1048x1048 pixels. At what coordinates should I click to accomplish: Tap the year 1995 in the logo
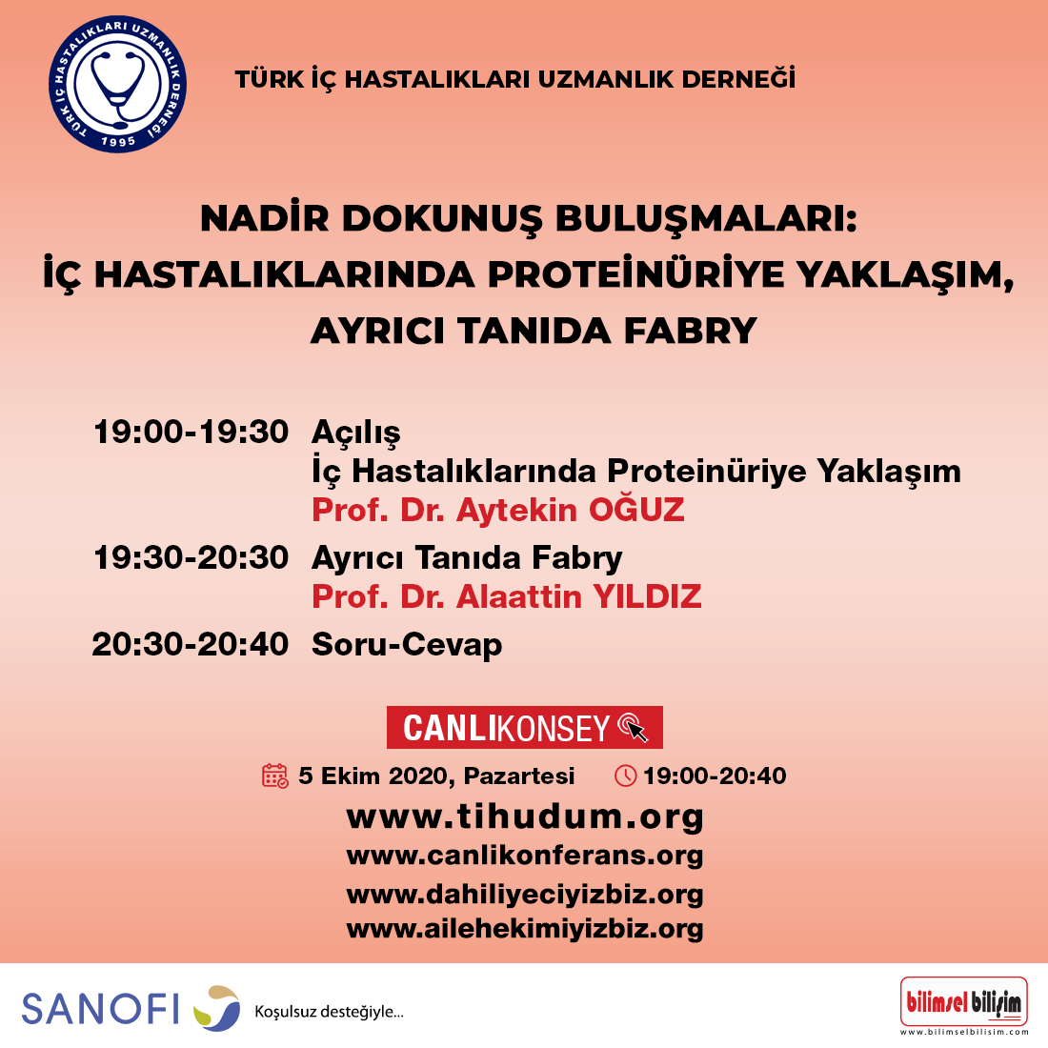(118, 141)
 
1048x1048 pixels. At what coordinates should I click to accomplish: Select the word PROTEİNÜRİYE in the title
(635, 274)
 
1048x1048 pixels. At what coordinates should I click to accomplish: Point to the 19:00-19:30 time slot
(191, 432)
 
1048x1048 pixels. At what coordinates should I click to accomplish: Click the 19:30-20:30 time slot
(191, 557)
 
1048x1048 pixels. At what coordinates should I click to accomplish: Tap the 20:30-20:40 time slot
(191, 644)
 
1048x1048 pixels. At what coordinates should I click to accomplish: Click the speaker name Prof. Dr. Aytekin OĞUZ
(498, 510)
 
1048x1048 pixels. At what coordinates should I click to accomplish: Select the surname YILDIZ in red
(647, 596)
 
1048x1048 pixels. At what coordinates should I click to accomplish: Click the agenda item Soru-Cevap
(407, 645)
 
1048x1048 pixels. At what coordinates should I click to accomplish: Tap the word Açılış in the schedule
(356, 433)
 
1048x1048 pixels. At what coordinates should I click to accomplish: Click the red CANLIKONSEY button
(525, 727)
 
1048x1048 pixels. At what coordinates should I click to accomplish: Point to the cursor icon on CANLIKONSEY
(633, 727)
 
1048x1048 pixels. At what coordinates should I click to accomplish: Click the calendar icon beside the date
(274, 776)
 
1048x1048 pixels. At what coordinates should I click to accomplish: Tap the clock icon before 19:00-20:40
(626, 776)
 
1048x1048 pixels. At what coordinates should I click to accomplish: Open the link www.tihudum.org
(525, 816)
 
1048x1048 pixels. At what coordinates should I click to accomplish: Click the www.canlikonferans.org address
(525, 856)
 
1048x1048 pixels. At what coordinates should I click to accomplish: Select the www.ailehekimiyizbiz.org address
(525, 929)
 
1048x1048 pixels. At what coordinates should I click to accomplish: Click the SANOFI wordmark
(101, 1009)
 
